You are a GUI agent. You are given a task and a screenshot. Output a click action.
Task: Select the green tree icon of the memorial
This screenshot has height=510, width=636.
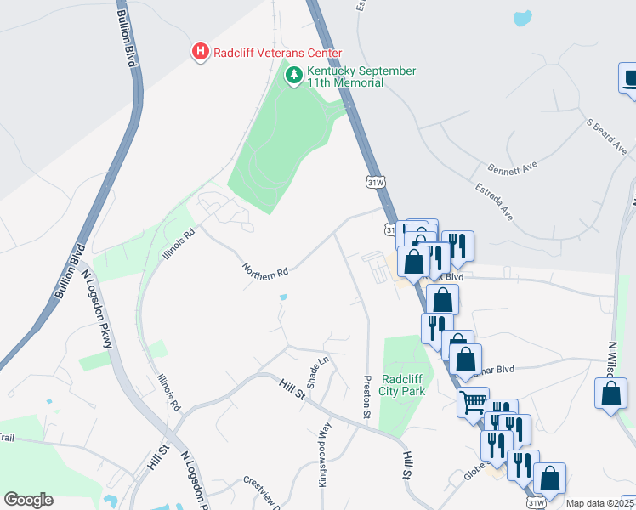tap(294, 76)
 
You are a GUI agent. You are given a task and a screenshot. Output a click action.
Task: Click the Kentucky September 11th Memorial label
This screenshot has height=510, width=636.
tap(362, 76)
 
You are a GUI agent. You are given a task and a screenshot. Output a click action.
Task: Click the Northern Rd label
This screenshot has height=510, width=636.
tap(265, 270)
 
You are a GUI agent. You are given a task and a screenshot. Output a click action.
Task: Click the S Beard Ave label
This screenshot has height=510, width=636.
tap(606, 135)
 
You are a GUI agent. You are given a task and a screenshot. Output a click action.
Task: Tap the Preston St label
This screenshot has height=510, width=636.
tap(368, 397)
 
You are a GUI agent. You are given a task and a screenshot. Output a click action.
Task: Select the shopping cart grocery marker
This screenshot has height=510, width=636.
tap(473, 400)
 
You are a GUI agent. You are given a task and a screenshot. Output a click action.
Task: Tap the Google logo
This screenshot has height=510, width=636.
tap(28, 500)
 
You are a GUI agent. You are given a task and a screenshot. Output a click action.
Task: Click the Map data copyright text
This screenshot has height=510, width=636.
tap(592, 503)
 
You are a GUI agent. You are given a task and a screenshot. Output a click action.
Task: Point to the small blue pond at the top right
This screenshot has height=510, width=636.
tap(523, 17)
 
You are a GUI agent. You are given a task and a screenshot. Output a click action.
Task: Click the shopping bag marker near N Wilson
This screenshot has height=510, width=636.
tap(610, 394)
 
